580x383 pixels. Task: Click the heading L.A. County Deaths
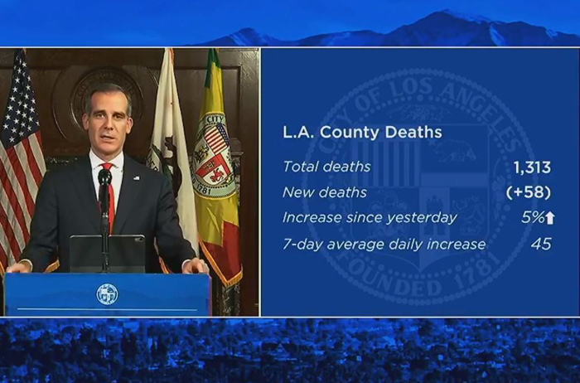362,133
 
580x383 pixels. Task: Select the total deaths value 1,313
532,167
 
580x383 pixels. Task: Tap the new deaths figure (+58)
529,192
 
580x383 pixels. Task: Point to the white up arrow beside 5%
550,218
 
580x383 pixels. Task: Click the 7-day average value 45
541,245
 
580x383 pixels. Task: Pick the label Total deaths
326,167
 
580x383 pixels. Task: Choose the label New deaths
325,192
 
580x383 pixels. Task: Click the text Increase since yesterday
370,218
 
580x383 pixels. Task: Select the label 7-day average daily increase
384,245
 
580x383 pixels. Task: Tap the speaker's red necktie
109,197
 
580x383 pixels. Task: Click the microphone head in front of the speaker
104,177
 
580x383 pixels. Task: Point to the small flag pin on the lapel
137,178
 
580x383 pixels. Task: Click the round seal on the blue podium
107,294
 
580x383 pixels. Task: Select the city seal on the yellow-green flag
215,155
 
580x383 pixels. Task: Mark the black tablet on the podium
107,254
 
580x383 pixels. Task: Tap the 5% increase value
533,218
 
